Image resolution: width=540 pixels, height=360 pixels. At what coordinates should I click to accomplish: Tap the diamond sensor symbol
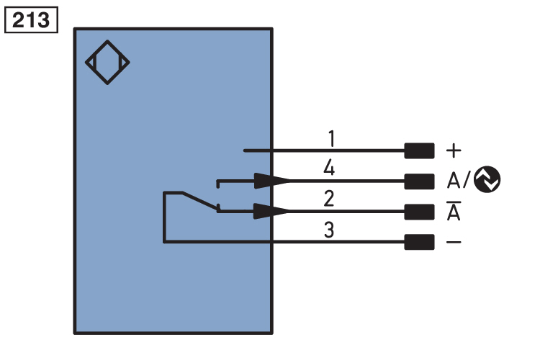(107, 63)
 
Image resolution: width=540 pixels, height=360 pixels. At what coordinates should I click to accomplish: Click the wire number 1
(330, 138)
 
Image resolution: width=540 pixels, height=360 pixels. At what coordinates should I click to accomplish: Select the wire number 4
(329, 169)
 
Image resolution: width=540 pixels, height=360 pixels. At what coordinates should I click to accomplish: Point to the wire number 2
(329, 199)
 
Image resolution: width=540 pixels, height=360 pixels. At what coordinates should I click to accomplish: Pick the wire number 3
(329, 231)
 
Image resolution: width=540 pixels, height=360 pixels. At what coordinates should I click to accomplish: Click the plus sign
(454, 150)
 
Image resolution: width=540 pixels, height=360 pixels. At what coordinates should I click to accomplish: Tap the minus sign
(454, 242)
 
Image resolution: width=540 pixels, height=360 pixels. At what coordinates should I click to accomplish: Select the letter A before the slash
(454, 181)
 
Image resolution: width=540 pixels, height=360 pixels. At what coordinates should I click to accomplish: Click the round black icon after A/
(487, 181)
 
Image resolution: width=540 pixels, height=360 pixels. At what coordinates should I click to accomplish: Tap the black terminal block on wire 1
(420, 150)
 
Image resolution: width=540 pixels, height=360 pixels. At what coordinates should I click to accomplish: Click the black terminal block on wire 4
(420, 181)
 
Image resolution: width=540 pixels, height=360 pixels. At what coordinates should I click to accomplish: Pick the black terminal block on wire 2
(420, 212)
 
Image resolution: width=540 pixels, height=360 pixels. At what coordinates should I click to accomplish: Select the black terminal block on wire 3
(420, 242)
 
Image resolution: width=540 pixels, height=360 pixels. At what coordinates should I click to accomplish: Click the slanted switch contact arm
(200, 201)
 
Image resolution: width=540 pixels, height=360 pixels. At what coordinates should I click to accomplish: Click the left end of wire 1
(246, 150)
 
